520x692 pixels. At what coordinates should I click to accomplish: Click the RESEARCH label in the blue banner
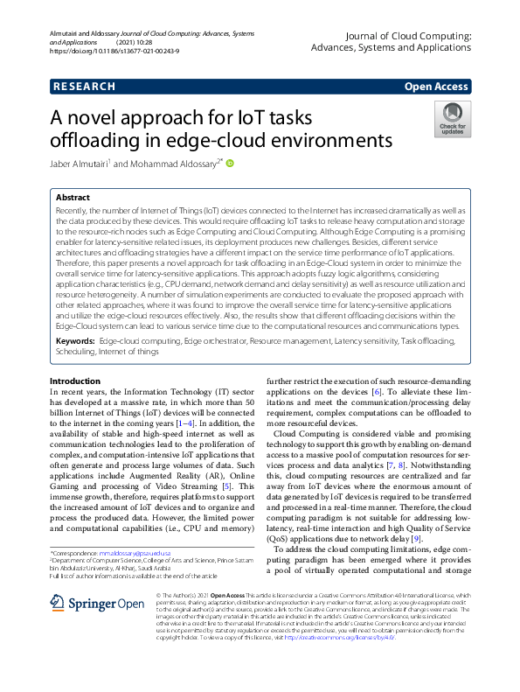(84, 87)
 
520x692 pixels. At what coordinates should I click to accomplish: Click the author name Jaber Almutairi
(80, 163)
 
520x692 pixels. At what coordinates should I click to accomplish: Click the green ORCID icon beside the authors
(232, 162)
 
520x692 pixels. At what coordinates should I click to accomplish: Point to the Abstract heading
(73, 199)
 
